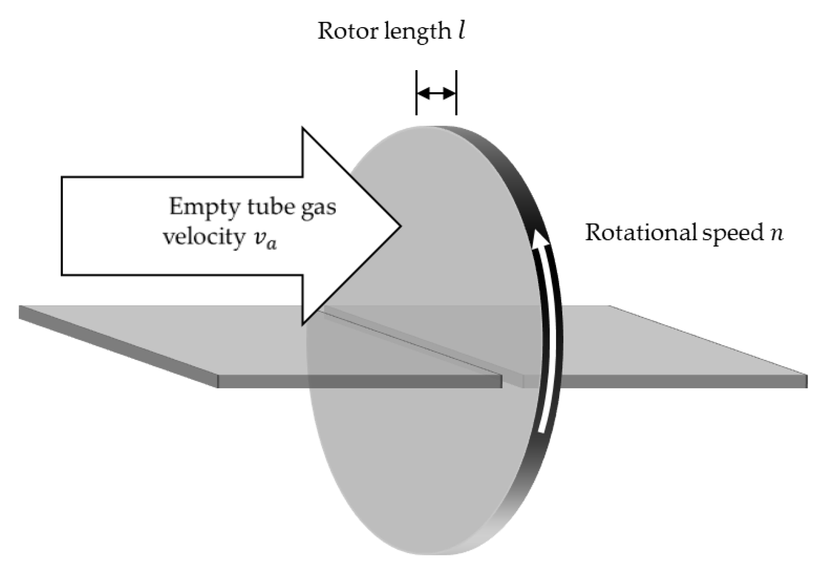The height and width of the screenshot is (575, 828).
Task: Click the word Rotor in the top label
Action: coord(348,31)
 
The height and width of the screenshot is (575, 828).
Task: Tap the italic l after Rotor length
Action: coord(461,31)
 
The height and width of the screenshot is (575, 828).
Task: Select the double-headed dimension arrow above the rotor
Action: coord(436,94)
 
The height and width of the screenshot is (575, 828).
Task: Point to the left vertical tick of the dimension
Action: coord(416,93)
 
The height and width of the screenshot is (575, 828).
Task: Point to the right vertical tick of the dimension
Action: coord(456,93)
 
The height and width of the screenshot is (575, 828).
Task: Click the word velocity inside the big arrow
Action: coord(204,237)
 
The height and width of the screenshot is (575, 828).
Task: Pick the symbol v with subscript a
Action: coord(265,239)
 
